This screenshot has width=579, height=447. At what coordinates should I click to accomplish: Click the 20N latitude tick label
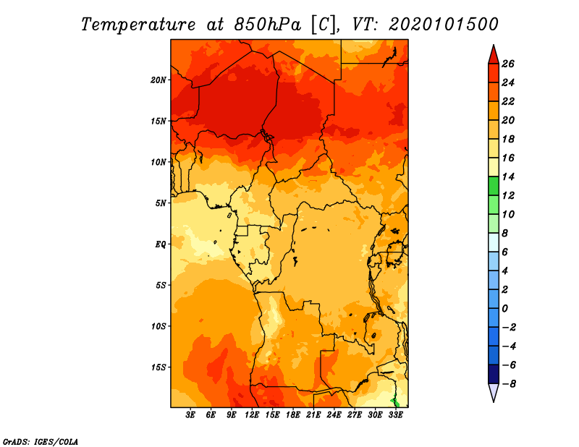pos(159,80)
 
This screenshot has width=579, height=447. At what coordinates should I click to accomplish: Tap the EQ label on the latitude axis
pos(161,244)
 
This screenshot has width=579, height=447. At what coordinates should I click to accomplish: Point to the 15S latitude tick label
pos(159,367)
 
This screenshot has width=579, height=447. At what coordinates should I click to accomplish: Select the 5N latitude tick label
pos(161,203)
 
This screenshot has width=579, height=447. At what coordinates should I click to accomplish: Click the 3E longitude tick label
pos(190,415)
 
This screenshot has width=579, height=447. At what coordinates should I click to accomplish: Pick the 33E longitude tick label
pos(396,415)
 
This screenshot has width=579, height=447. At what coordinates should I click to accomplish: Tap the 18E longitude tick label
pos(293,415)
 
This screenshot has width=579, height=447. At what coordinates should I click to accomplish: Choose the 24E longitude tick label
pos(334,415)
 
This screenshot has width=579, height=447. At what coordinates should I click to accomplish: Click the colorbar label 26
pos(508,64)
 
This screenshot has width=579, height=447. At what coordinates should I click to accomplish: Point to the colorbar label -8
pos(509,384)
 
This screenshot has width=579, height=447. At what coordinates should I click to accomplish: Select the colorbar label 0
pos(504,309)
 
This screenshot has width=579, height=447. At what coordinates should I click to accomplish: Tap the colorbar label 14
pos(508,176)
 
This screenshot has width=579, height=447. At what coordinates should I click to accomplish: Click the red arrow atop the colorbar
pos(494,55)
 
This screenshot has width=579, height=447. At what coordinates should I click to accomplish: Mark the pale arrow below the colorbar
pos(494,392)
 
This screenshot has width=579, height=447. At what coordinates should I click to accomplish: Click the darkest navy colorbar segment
pos(494,374)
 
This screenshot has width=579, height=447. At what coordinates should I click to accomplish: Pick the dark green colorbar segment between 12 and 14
pos(494,186)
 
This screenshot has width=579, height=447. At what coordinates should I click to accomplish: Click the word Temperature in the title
pos(138,25)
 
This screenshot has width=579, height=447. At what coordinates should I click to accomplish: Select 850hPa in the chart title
pos(267,25)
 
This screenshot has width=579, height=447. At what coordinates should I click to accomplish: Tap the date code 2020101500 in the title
pos(444,25)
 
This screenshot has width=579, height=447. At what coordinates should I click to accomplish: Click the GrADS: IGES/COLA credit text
pos(41,441)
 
